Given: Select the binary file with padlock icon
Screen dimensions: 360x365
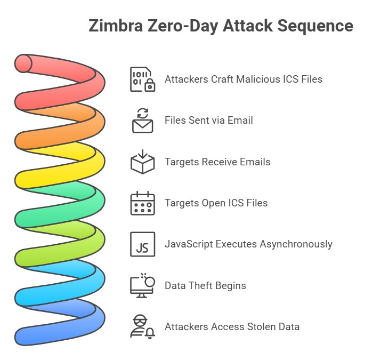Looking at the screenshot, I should coord(142,79).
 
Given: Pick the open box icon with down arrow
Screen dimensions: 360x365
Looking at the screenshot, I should coord(142,162).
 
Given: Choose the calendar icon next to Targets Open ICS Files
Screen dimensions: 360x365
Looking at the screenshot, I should coord(142,203).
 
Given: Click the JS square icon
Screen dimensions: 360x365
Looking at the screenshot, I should coord(142,244).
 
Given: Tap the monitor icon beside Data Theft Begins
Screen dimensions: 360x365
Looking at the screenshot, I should coord(142,285).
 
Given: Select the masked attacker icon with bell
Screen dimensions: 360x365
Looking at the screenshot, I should coord(142,326).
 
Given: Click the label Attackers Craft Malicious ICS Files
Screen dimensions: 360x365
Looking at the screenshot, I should coord(243,79).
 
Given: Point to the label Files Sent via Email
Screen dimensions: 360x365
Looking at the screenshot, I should coord(208,121).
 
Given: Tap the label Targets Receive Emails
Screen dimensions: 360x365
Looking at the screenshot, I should coord(217,162).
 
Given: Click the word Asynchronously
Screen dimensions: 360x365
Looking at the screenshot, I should coord(296,244).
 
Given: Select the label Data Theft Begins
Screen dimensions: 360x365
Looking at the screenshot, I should coord(205,285).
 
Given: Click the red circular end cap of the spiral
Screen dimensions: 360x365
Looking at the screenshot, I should coord(24,63).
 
